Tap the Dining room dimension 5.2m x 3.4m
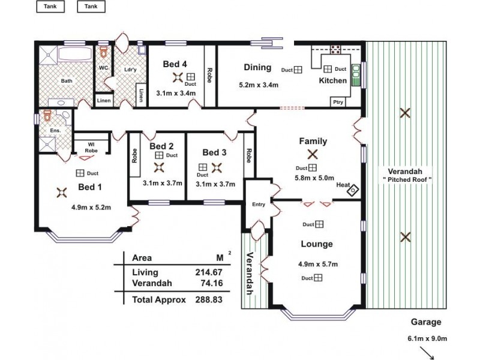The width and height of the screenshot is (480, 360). [259, 85]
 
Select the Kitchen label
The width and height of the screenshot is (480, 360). [332, 80]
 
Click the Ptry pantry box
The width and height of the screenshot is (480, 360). [338, 102]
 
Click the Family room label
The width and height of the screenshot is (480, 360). [313, 142]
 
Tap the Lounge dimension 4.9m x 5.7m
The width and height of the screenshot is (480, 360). [318, 264]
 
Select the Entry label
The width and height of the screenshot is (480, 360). [259, 205]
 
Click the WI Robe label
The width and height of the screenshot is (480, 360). [91, 147]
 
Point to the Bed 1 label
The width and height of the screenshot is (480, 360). [90, 187]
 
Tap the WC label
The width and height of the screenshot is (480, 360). [103, 68]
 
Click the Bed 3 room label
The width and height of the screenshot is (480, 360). [214, 152]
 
